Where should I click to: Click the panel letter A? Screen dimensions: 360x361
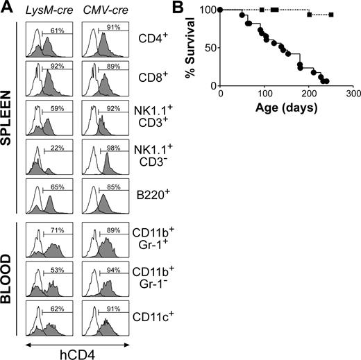pos(7,8)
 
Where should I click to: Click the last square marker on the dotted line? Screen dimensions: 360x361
pos(331,15)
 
